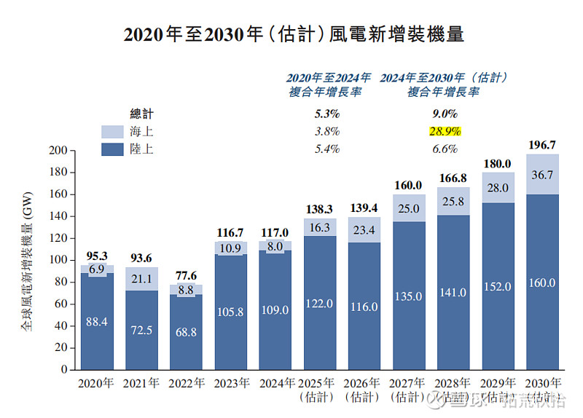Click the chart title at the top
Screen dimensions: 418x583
tap(293, 35)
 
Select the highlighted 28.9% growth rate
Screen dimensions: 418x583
tap(444, 132)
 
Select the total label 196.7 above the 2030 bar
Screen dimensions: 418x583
tap(542, 145)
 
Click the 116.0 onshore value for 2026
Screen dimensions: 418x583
tap(364, 307)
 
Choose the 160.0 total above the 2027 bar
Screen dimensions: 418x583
tap(409, 186)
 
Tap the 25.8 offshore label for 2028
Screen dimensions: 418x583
tap(453, 201)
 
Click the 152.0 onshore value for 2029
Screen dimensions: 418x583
tap(498, 287)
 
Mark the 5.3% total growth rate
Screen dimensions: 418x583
tap(326, 114)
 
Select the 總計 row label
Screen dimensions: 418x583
tap(142, 114)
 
